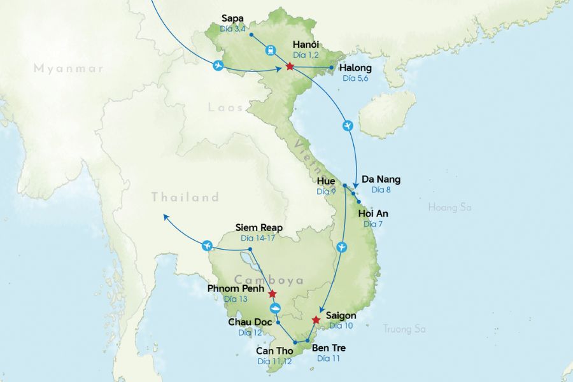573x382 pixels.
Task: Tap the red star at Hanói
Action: click(x=290, y=66)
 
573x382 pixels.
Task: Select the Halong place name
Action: click(x=356, y=68)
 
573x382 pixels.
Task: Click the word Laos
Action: click(x=225, y=108)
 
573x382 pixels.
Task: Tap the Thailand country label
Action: click(x=185, y=197)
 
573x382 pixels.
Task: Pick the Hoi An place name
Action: click(x=373, y=213)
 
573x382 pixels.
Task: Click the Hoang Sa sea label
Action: click(x=451, y=207)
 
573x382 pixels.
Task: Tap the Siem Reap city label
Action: click(x=258, y=227)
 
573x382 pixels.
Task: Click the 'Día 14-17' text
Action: click(x=257, y=237)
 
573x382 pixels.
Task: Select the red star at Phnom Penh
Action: click(x=272, y=294)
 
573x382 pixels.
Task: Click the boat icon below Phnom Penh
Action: click(x=276, y=309)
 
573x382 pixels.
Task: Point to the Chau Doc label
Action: click(x=250, y=322)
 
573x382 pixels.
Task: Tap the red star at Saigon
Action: click(x=316, y=320)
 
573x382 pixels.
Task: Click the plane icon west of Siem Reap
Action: click(x=206, y=245)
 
